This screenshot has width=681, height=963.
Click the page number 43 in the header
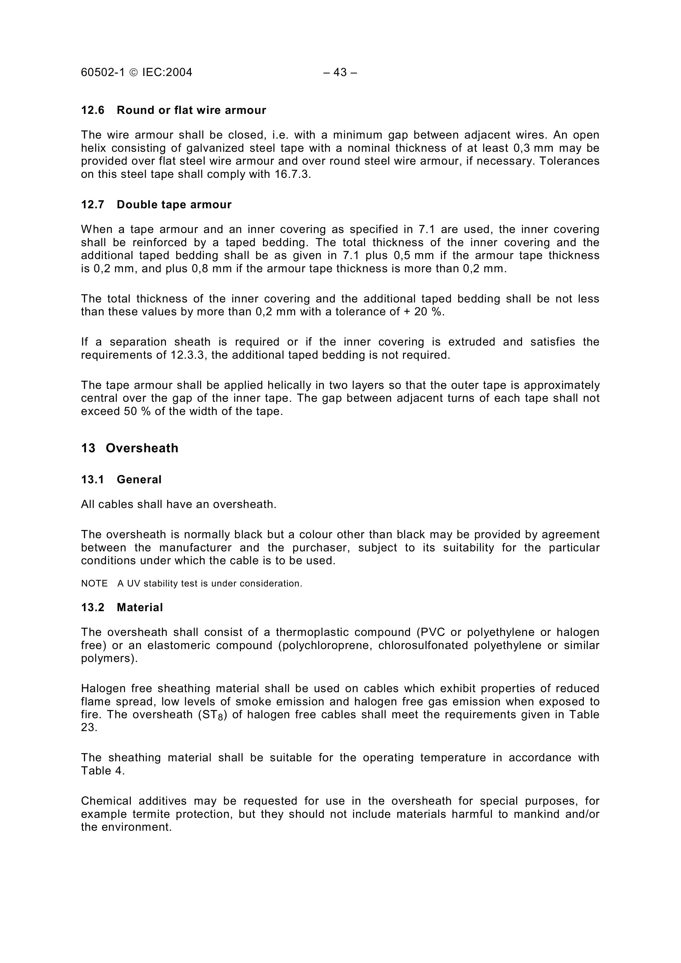(340, 72)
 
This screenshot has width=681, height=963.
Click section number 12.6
(92, 110)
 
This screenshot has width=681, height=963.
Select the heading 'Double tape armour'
(174, 205)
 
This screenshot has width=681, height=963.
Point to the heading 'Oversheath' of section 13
(142, 448)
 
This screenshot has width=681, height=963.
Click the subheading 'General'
(139, 480)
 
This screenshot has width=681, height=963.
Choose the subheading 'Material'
(140, 608)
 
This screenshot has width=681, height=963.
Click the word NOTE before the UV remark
(94, 584)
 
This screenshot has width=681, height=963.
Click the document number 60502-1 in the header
(103, 72)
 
